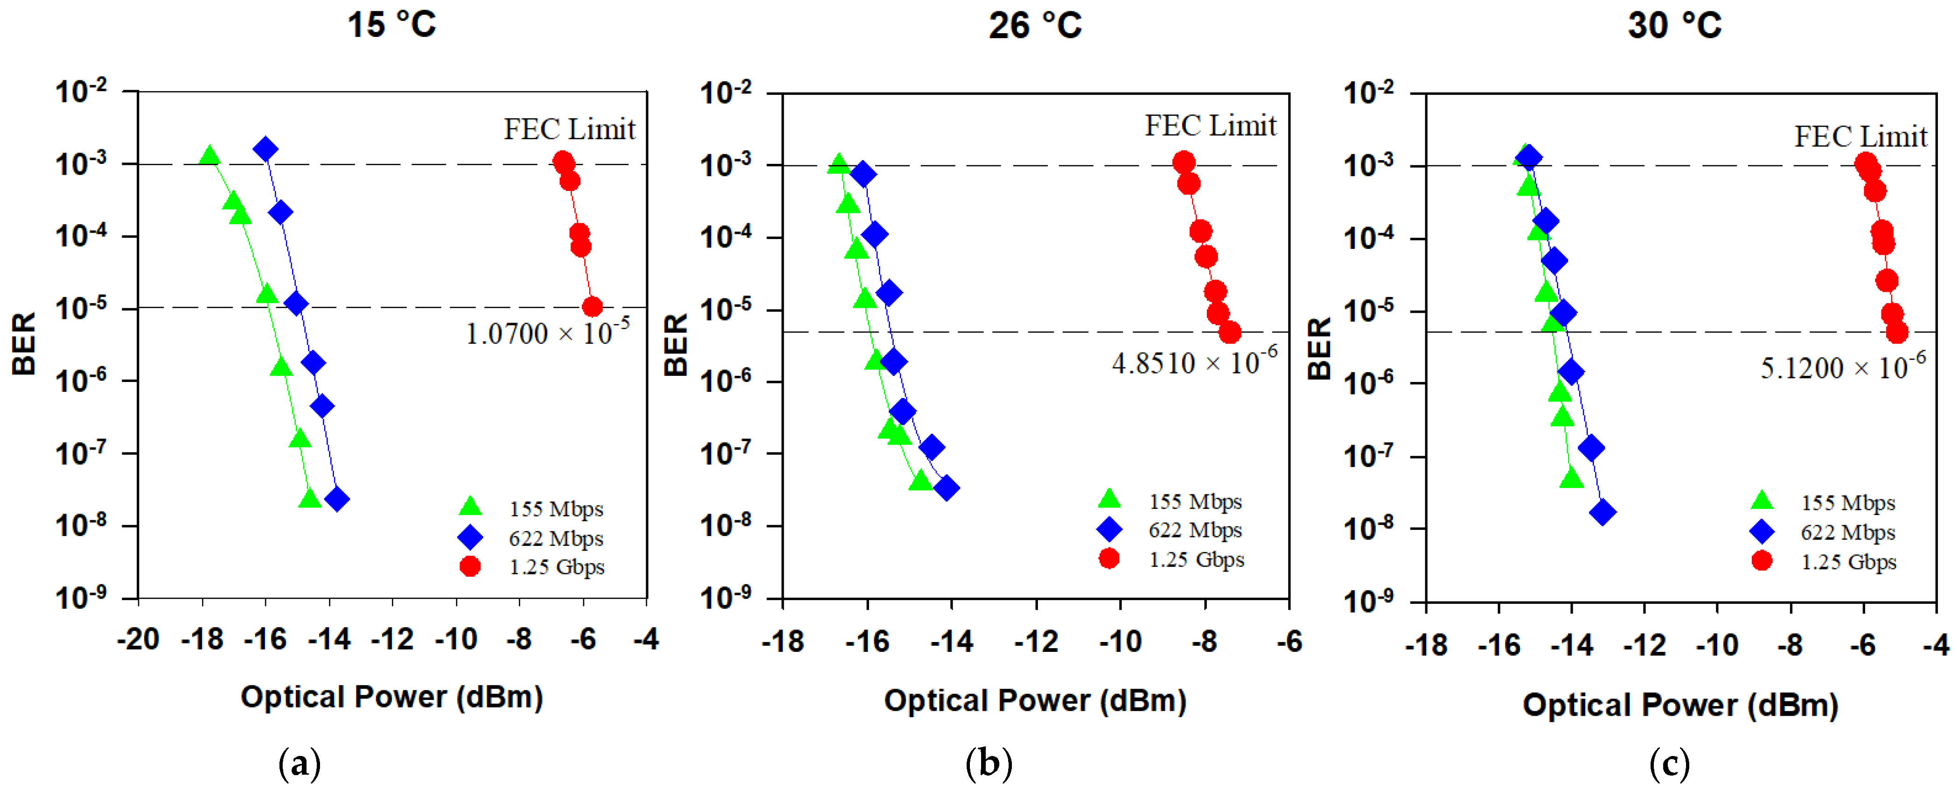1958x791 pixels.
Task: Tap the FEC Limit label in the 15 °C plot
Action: pyautogui.click(x=569, y=129)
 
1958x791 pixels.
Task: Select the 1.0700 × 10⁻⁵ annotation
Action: pyautogui.click(x=547, y=332)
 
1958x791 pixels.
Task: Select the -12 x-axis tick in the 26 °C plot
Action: pyautogui.click(x=1036, y=643)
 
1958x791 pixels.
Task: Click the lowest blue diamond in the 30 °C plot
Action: pyautogui.click(x=1603, y=513)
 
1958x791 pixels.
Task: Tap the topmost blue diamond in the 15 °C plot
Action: pyautogui.click(x=265, y=149)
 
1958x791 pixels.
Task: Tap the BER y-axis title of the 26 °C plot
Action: pyautogui.click(x=675, y=345)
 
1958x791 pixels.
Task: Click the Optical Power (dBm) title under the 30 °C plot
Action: pyautogui.click(x=1680, y=705)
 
